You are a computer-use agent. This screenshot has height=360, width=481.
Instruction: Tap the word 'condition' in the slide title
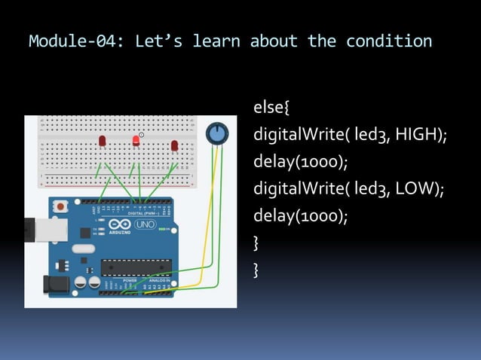[389, 41]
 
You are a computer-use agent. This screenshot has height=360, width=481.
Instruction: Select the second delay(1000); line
[301, 216]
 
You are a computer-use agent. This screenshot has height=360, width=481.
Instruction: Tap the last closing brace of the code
[257, 269]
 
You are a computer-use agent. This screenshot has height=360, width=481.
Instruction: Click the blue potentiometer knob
[217, 134]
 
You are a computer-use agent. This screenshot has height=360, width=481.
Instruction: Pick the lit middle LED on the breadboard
[136, 141]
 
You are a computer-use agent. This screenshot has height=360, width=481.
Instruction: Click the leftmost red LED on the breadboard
[102, 142]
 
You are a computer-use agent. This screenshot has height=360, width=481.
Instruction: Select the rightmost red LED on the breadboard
[174, 145]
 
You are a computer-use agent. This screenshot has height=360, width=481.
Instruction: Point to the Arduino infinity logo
[120, 225]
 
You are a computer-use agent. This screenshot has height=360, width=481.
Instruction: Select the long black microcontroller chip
[136, 267]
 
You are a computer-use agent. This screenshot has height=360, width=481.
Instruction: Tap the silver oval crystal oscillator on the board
[84, 249]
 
